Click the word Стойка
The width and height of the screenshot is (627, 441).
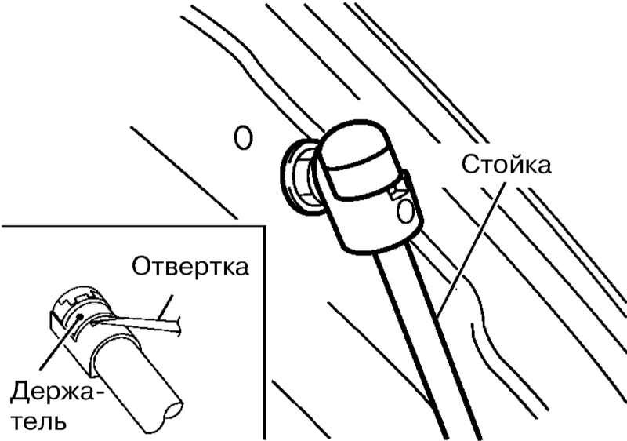click(x=506, y=165)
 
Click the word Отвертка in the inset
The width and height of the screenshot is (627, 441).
click(x=190, y=267)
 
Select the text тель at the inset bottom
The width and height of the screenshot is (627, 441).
click(x=38, y=421)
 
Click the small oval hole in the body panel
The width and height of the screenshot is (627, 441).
click(x=243, y=137)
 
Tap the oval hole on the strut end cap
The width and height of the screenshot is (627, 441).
click(x=405, y=210)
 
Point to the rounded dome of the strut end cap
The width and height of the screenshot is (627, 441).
click(x=354, y=141)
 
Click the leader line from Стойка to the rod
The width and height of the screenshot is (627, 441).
click(x=472, y=248)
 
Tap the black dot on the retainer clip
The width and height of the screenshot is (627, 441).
click(x=80, y=316)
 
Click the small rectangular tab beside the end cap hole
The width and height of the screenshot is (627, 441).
click(x=397, y=189)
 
